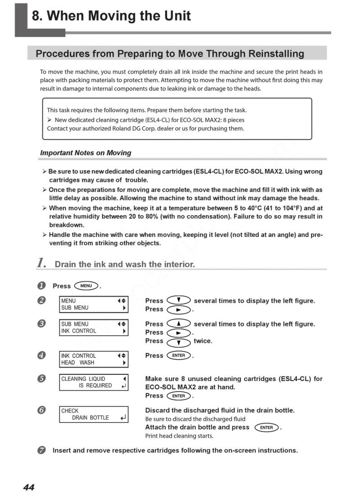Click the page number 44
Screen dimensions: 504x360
pyautogui.click(x=29, y=487)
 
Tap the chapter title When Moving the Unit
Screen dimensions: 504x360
pyautogui.click(x=111, y=16)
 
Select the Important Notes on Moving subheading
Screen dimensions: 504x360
pyautogui.click(x=85, y=153)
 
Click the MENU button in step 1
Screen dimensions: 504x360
pyautogui.click(x=86, y=286)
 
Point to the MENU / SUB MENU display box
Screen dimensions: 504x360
pyautogui.click(x=94, y=304)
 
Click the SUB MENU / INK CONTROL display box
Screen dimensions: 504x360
pyautogui.click(x=94, y=328)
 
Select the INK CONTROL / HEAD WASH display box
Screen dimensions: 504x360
pyautogui.click(x=94, y=359)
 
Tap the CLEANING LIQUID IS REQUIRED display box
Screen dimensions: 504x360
pyautogui.click(x=94, y=382)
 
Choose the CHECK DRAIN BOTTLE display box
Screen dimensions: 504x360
pyautogui.click(x=94, y=414)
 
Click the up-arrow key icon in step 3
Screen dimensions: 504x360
pyautogui.click(x=179, y=324)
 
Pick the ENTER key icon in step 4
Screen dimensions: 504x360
pyautogui.click(x=179, y=355)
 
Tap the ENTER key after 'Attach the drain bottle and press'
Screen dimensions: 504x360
pyautogui.click(x=266, y=427)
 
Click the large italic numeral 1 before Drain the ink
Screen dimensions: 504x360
pyautogui.click(x=42, y=263)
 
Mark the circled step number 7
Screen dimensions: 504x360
pyautogui.click(x=41, y=450)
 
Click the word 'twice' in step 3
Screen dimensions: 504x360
pyautogui.click(x=202, y=341)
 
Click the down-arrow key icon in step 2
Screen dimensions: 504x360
pyautogui.click(x=179, y=300)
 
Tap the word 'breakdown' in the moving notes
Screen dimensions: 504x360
pyautogui.click(x=66, y=225)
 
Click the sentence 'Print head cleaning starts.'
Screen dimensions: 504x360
pyautogui.click(x=179, y=436)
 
